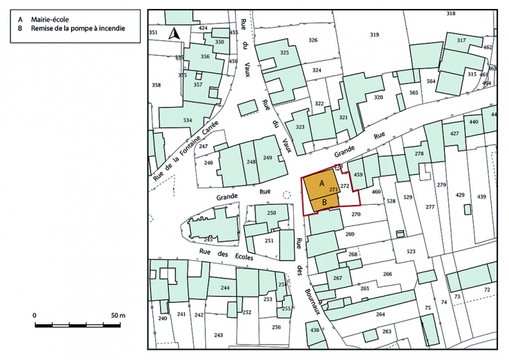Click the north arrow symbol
175,33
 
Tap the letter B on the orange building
324,202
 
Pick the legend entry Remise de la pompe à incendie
79,23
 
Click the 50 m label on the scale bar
118,315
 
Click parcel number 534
188,121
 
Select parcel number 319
375,34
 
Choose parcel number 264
380,314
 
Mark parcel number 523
411,252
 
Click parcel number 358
157,85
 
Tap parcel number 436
315,331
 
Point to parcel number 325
284,53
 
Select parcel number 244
225,288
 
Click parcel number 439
481,197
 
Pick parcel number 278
419,153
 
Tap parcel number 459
358,175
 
